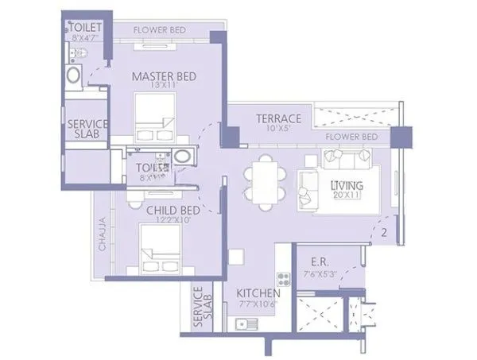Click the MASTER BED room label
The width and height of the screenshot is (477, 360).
pyautogui.click(x=163, y=76)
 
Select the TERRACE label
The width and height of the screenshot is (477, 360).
pyautogui.click(x=278, y=118)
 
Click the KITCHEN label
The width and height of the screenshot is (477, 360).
pyautogui.click(x=257, y=292)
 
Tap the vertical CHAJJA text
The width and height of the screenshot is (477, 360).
pyautogui.click(x=103, y=235)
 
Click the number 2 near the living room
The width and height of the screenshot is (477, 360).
pyautogui.click(x=384, y=233)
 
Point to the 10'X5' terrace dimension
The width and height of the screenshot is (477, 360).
pyautogui.click(x=278, y=129)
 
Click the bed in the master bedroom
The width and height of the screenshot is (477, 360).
pyautogui.click(x=155, y=119)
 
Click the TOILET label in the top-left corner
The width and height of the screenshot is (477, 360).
pyautogui.click(x=82, y=26)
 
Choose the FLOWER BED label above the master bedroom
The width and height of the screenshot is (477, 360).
pyautogui.click(x=160, y=30)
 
